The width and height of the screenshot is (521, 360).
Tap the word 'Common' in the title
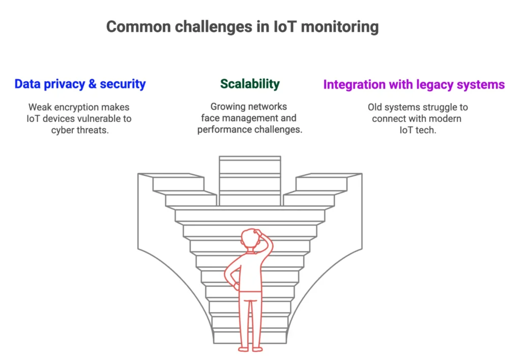tap(138, 26)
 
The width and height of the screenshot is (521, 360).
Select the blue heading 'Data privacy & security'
tap(80, 84)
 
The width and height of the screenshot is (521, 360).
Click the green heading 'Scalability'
tap(250, 84)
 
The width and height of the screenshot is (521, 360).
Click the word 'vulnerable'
tap(95, 118)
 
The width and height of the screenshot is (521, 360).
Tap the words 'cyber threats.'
tap(80, 130)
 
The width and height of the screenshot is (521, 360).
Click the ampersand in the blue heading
tap(93, 84)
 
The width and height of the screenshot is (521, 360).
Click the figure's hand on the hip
tap(236, 285)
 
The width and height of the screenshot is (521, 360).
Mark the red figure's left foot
tap(244, 349)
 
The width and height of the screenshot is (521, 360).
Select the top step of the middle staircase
tap(250, 158)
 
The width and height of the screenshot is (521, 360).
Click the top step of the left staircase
tap(171, 175)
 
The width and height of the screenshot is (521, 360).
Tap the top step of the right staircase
tap(329, 175)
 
